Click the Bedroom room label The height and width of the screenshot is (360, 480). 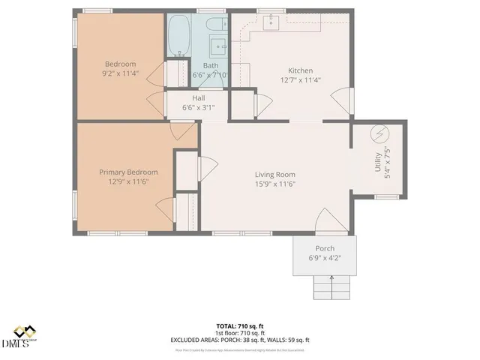[x=120, y=64]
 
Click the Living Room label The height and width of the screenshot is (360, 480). [x=274, y=174]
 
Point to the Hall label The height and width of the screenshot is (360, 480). [x=198, y=98]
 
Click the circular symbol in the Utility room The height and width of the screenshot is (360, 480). [x=379, y=135]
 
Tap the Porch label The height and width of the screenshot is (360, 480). [x=325, y=248]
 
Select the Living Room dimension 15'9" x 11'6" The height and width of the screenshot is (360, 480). [x=274, y=184]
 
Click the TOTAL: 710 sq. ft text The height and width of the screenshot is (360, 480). [x=240, y=326]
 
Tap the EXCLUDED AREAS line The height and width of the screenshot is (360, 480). [x=240, y=340]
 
